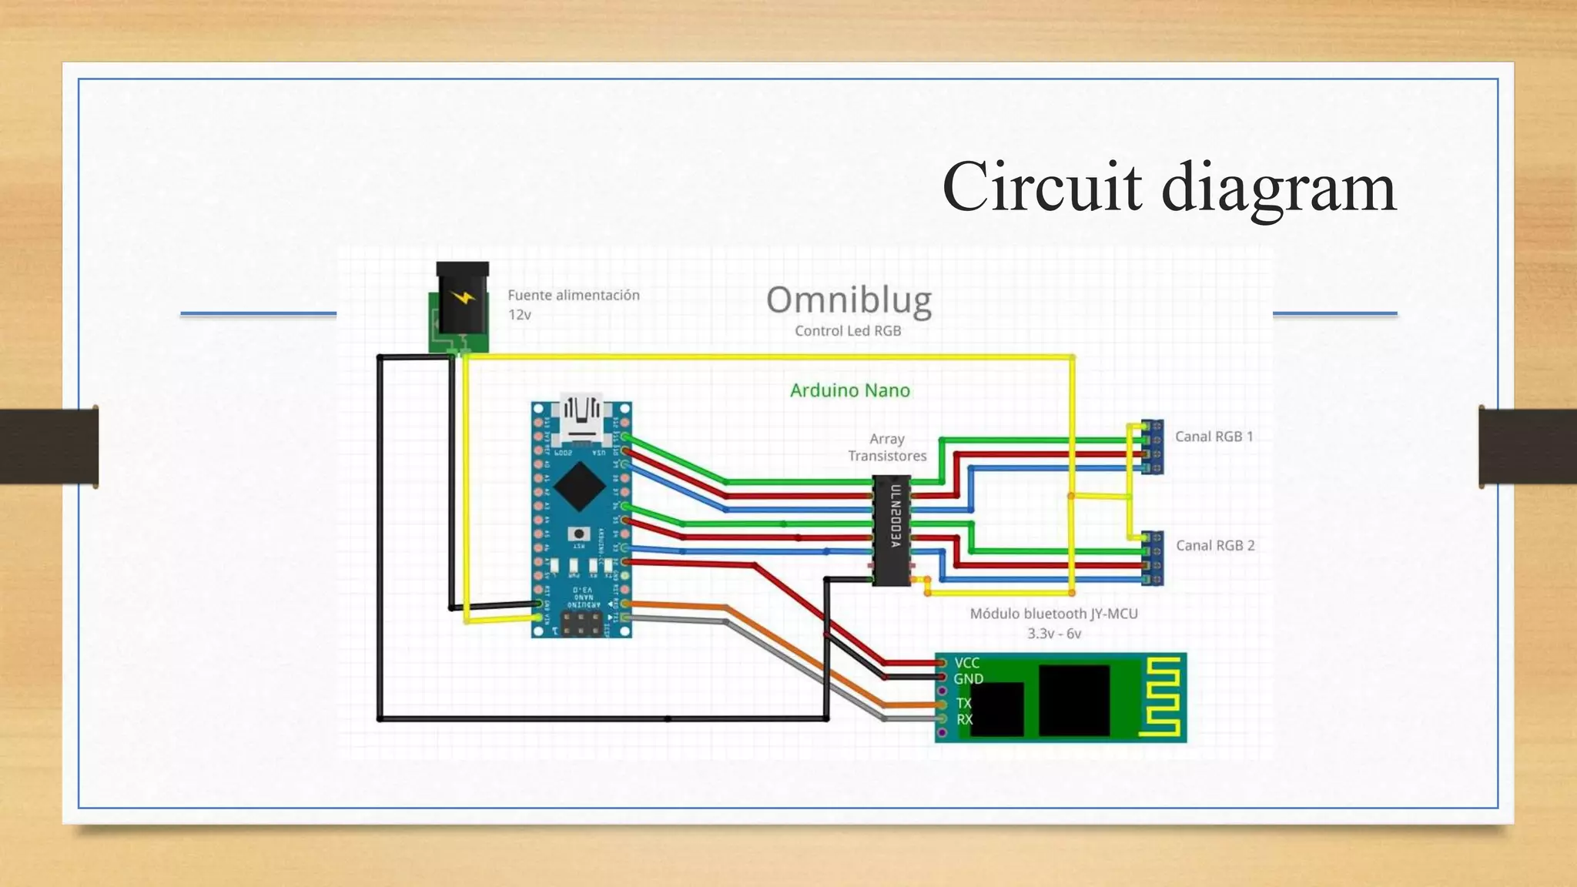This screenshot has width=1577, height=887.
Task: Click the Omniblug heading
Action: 849,300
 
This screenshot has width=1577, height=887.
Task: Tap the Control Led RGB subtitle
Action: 848,331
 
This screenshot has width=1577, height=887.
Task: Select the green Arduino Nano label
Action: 850,390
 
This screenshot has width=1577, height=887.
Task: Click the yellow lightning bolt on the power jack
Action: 462,297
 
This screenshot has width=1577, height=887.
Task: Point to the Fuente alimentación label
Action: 573,295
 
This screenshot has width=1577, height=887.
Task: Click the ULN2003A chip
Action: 892,530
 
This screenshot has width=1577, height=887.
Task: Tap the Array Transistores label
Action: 887,447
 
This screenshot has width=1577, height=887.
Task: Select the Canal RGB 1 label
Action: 1214,437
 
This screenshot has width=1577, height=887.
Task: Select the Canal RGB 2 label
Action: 1214,545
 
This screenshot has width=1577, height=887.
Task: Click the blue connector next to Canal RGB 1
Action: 1153,447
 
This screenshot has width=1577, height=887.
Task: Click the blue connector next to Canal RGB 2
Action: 1153,557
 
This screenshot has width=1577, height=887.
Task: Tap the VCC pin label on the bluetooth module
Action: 966,663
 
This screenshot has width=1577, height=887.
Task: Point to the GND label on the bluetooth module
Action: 968,679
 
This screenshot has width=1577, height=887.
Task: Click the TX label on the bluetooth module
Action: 964,703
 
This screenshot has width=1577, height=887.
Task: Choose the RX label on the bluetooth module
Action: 964,720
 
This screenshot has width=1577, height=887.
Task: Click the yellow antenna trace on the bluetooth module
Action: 1162,698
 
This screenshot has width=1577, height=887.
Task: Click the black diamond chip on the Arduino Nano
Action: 579,486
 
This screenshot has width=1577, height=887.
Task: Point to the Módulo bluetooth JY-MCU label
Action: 1053,614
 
